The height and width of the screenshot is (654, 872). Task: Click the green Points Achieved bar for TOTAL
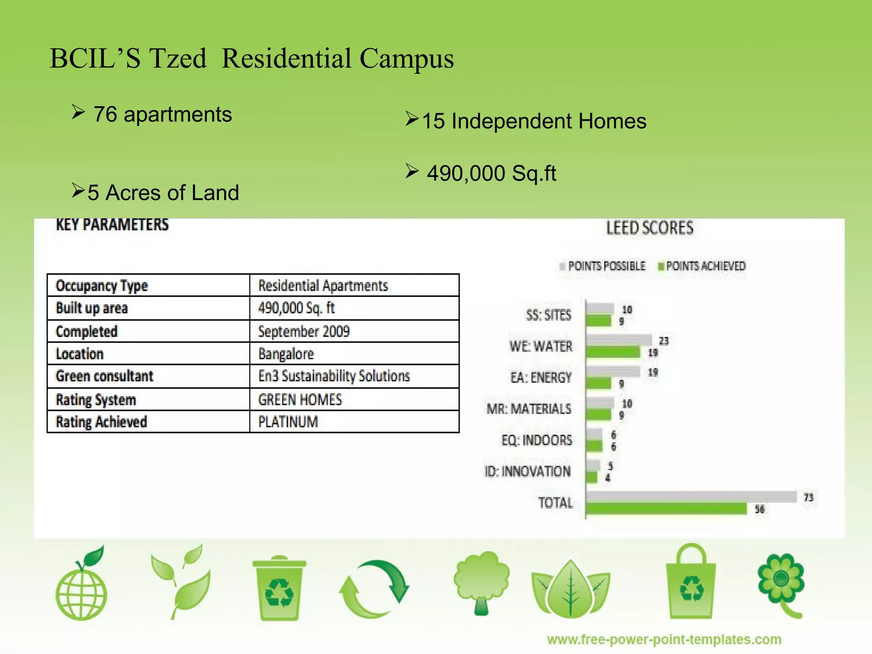point(666,509)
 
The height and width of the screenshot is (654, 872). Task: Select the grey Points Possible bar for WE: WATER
point(619,340)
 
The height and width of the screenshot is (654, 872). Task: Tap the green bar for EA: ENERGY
point(599,383)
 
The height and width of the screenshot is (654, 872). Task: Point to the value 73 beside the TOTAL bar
point(808,497)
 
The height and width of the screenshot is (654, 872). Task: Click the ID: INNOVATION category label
point(528,471)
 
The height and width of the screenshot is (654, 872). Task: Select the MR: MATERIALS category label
point(529,409)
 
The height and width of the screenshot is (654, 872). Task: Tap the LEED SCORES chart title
point(650,228)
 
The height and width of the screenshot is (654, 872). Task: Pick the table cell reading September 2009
point(304,331)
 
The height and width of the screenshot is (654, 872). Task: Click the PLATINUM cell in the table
point(288,422)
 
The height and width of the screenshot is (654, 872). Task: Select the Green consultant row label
point(104,376)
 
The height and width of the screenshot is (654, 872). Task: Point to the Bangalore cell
point(286,354)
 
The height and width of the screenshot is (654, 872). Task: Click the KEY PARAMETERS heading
point(112,224)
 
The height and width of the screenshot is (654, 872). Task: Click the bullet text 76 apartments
point(163,115)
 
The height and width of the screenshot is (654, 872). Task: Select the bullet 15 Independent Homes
point(534,121)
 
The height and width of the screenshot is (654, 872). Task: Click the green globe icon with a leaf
point(82,585)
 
